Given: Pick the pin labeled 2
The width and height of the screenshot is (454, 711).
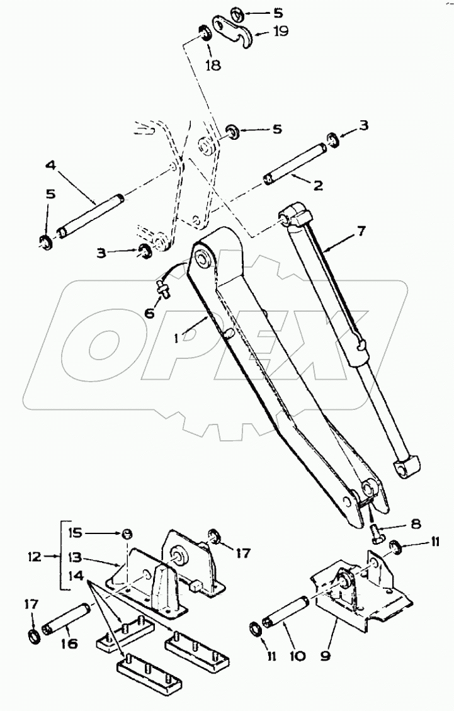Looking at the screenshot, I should click(295, 164).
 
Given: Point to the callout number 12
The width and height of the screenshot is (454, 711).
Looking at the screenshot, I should click(34, 556).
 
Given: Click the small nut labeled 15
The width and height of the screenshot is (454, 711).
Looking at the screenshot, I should click(127, 533).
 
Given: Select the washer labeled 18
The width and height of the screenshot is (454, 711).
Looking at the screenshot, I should click(206, 33).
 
